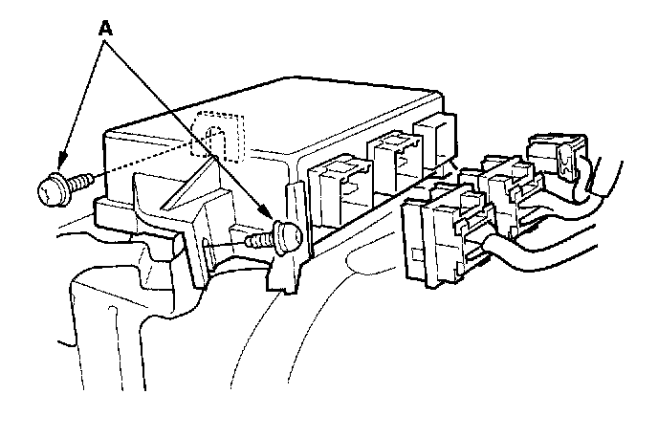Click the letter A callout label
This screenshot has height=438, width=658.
[105, 28]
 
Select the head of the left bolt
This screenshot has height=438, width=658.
[49, 189]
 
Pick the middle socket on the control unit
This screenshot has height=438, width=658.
[391, 158]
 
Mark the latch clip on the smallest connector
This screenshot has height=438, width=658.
[570, 163]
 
